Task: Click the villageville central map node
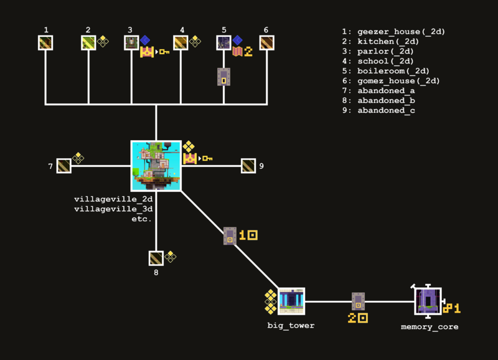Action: click(x=156, y=166)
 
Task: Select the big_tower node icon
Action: click(x=291, y=301)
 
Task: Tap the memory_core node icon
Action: click(x=428, y=301)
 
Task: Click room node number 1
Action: click(x=45, y=42)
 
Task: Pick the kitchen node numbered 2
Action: click(x=88, y=42)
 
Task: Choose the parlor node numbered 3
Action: click(x=131, y=42)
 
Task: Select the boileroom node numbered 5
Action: click(x=223, y=42)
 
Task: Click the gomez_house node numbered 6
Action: click(x=266, y=42)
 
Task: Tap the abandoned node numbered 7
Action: click(x=64, y=166)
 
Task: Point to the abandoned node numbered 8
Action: click(x=156, y=258)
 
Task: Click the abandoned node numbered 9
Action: click(x=248, y=166)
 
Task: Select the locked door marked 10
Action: click(x=230, y=236)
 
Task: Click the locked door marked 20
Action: click(x=358, y=301)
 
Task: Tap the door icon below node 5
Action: click(x=223, y=77)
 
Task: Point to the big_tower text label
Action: click(x=291, y=325)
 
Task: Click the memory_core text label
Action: click(x=430, y=326)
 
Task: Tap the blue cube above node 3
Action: click(x=145, y=40)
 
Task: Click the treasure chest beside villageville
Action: click(x=190, y=159)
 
